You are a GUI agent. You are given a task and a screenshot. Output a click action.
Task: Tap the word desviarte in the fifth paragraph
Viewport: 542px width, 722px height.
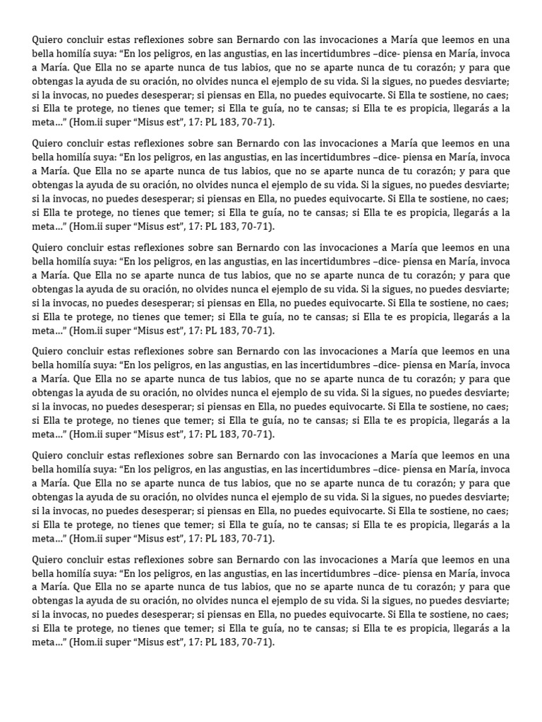[x=486, y=496]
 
